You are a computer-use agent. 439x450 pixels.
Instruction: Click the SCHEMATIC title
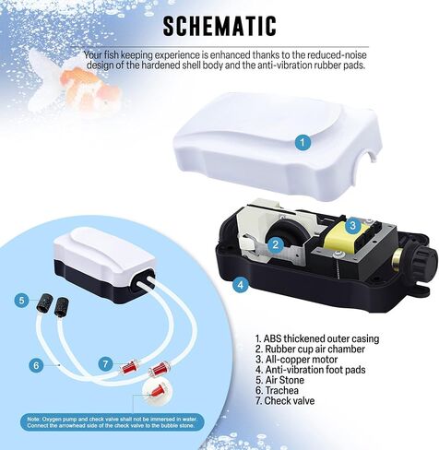(x=219, y=26)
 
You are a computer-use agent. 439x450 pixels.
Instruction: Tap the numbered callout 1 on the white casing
(x=303, y=142)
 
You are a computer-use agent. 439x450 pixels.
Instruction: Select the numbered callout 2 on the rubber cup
(x=275, y=244)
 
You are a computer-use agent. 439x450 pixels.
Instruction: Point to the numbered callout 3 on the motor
(x=352, y=225)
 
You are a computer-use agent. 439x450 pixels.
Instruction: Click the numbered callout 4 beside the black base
(x=241, y=285)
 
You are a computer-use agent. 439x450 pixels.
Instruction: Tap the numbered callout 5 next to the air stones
(x=21, y=300)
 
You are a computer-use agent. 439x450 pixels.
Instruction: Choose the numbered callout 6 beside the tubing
(x=36, y=365)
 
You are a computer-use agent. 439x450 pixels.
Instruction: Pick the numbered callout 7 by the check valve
(x=106, y=364)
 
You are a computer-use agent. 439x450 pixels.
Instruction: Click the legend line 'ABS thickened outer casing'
(x=317, y=338)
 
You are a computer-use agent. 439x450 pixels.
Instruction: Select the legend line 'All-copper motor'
(x=296, y=360)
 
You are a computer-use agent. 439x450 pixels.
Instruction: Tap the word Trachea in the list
(x=281, y=390)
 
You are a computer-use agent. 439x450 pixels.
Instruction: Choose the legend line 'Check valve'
(x=285, y=401)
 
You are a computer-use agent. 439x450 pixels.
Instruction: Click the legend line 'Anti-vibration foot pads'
(x=311, y=370)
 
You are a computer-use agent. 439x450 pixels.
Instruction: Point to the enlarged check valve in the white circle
(x=157, y=391)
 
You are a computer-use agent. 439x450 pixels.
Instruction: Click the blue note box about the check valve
(x=113, y=422)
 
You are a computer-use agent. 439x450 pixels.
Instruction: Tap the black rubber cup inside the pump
(x=287, y=232)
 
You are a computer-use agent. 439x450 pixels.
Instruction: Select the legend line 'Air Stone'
(x=279, y=380)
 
